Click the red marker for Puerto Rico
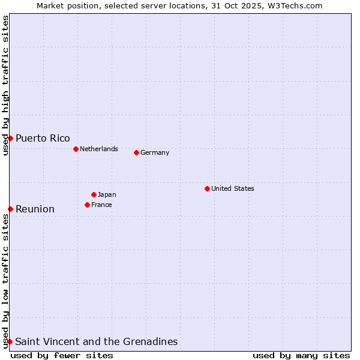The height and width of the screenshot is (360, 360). pos(10,138)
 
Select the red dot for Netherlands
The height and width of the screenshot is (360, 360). pos(76,149)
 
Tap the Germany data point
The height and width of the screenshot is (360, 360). pos(136,152)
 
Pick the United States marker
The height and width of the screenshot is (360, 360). pos(207,188)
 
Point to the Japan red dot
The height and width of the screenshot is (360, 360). pos(94,194)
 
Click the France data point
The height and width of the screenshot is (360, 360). pos(87,205)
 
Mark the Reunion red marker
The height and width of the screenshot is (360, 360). pos(10,209)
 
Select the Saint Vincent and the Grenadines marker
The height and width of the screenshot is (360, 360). pos(10,341)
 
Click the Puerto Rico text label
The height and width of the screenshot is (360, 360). pos(43,139)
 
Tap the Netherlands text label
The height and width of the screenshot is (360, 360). pos(99,149)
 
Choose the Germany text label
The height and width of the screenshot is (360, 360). pos(155,152)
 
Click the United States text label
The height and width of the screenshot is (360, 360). pos(233,188)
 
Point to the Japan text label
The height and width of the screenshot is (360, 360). pos(107,194)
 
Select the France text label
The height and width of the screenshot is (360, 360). pos(101,205)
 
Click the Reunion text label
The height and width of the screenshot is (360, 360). pos(35,209)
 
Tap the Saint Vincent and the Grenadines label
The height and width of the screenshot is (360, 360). pos(97,342)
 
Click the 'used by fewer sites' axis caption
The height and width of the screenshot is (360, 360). pos(62,355)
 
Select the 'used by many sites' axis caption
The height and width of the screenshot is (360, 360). pos(301,355)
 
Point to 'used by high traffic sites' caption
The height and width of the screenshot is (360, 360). pos(5,85)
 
